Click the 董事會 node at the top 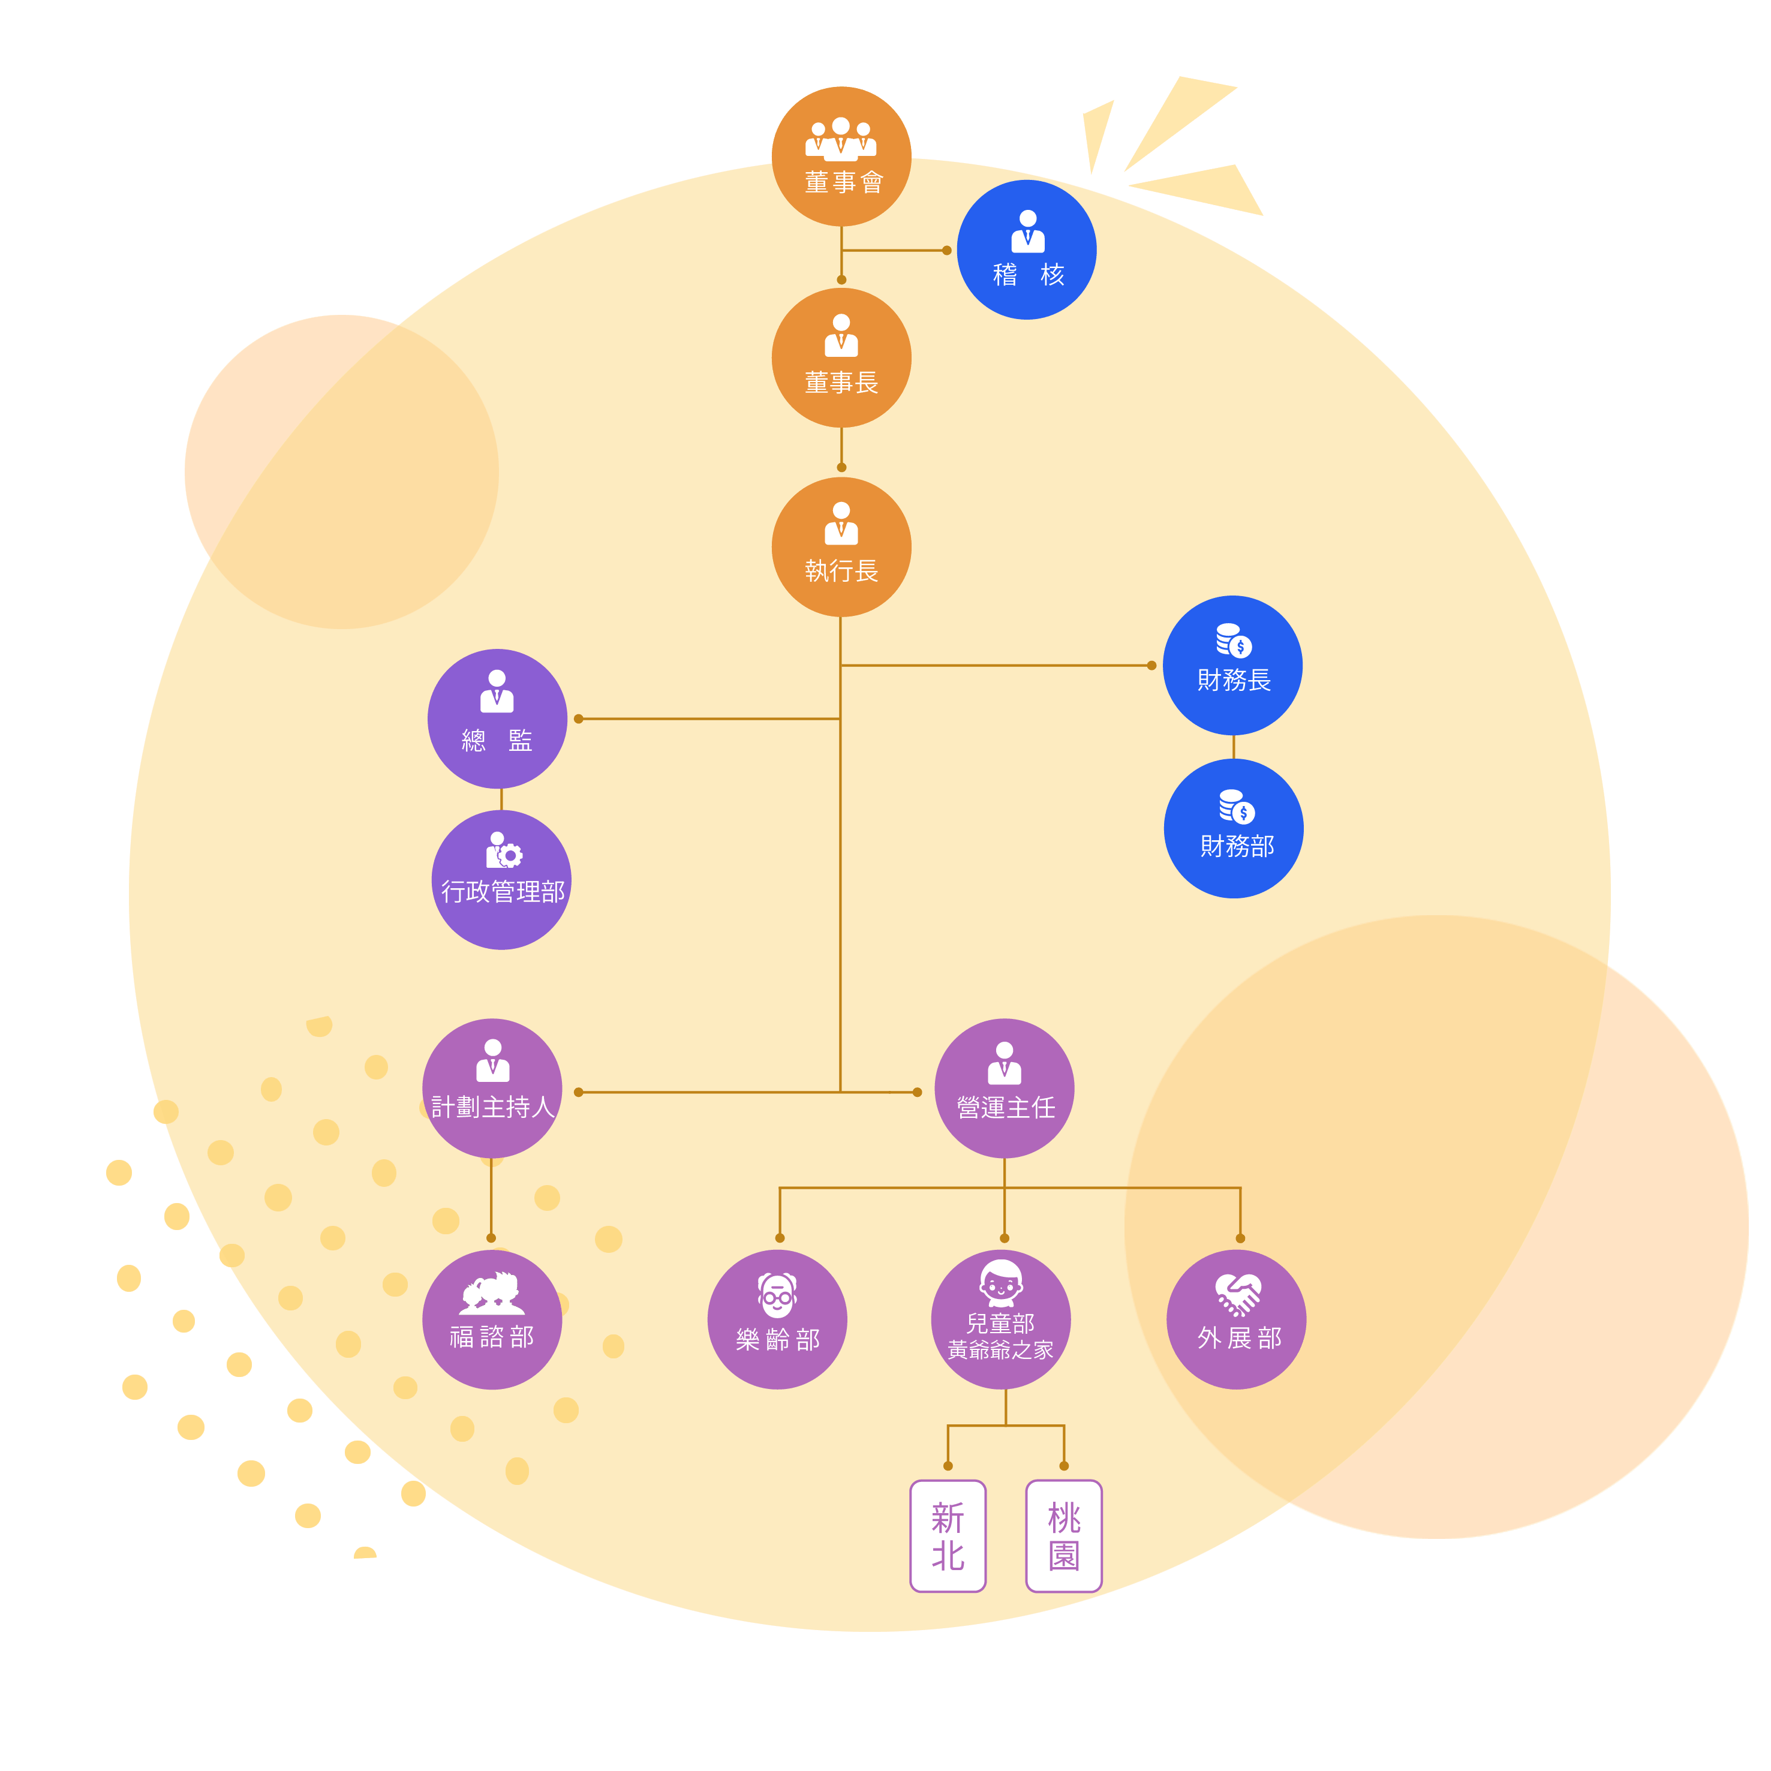point(841,157)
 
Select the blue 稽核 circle point(1027,249)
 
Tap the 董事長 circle point(841,357)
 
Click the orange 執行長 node point(841,546)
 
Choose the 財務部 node point(1234,829)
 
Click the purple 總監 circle point(497,718)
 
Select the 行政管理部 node point(501,880)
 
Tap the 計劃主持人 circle point(492,1088)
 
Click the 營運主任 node point(1005,1088)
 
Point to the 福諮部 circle point(492,1320)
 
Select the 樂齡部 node point(777,1320)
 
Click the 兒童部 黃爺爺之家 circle point(1001,1320)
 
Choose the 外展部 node point(1237,1320)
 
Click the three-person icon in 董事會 point(841,139)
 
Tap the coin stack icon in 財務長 point(1234,641)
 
